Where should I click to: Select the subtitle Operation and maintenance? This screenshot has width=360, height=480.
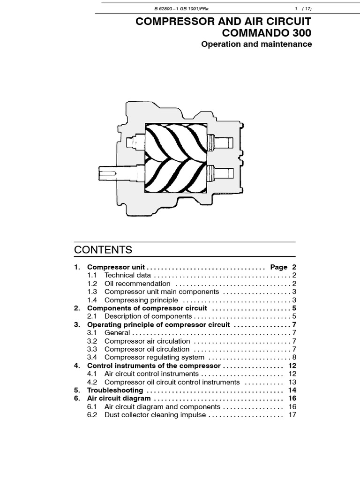coord(256,45)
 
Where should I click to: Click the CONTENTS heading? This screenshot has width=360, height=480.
coord(103,249)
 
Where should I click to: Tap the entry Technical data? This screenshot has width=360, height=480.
coord(127,275)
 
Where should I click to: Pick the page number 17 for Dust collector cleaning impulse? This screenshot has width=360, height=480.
coord(293,415)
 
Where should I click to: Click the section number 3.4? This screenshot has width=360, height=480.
coord(92,358)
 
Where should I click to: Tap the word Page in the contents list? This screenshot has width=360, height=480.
coord(279,267)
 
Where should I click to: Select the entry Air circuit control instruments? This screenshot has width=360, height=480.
coord(151,374)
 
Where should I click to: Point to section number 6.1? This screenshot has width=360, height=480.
coord(92,407)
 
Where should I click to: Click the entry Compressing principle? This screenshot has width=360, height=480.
coord(141,300)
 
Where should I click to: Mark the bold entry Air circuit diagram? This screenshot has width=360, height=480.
coord(119,398)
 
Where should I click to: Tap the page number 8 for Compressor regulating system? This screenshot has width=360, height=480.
coord(294,358)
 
